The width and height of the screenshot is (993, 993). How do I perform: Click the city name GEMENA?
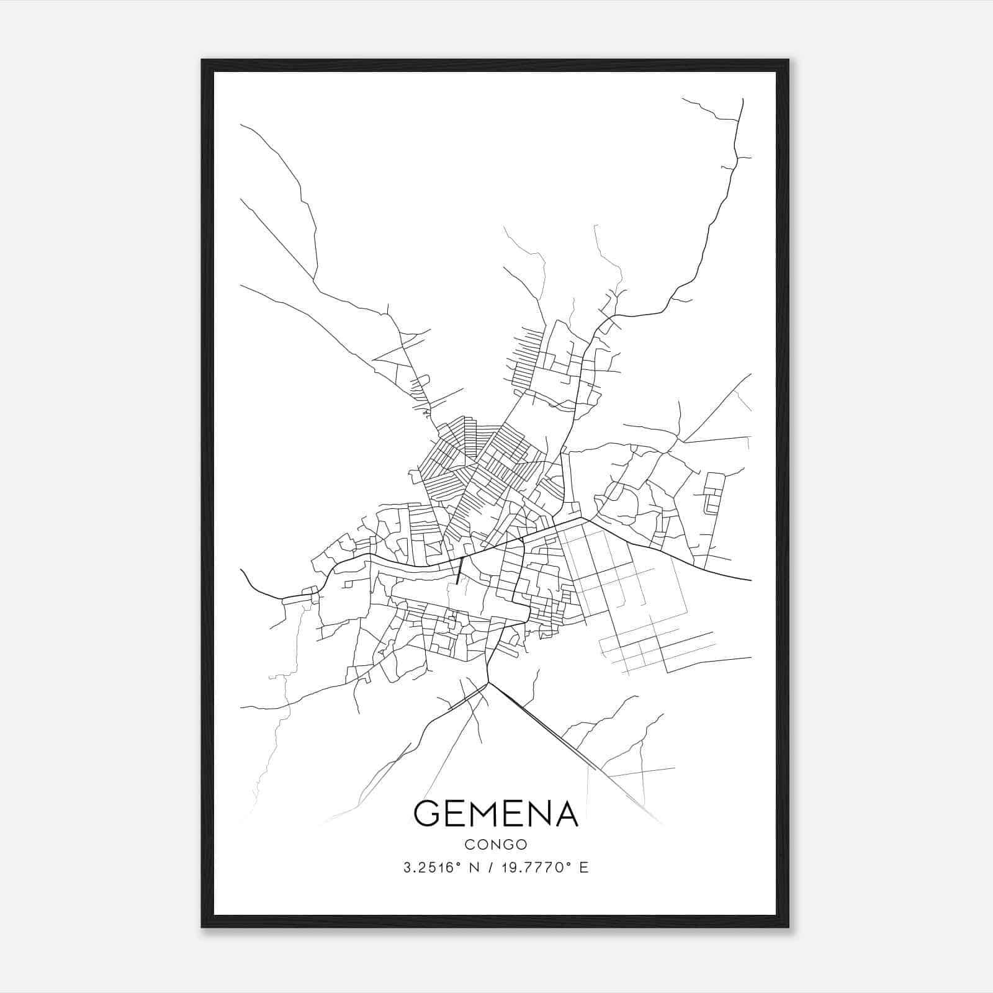(x=496, y=814)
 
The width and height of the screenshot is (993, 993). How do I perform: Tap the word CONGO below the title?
(x=496, y=845)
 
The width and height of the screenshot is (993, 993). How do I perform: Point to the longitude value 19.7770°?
(x=535, y=868)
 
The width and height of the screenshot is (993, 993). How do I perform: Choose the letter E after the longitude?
(x=583, y=868)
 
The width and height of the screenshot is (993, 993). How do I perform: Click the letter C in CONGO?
(x=469, y=845)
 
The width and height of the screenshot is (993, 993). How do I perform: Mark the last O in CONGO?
(x=522, y=845)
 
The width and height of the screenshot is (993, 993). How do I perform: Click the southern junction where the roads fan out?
(x=489, y=683)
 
